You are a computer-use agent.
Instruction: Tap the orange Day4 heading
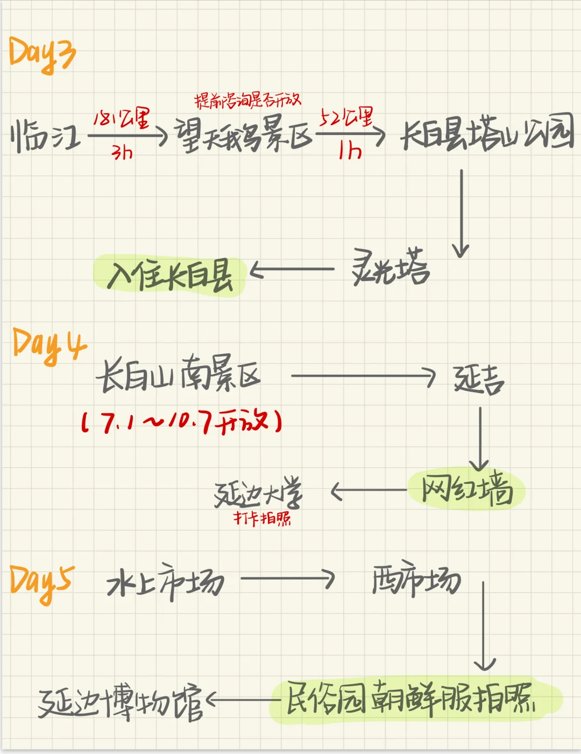coord(48,346)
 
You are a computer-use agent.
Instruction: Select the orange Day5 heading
coord(42,583)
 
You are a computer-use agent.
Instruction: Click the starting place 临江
coord(45,136)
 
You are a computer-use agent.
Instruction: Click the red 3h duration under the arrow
coord(122,153)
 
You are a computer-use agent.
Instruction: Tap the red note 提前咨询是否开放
coord(247,100)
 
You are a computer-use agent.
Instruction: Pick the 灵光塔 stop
coord(391,267)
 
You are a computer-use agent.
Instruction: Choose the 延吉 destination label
coord(478,380)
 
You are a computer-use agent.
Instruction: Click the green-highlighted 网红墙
coord(466,489)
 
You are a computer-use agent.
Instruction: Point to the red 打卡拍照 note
coord(262,518)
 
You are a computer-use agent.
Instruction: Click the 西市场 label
coord(416,581)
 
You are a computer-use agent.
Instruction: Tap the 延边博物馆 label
coord(121,702)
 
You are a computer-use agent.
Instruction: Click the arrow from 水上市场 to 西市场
coord(287,579)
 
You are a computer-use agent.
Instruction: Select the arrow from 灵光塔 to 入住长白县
coord(293,270)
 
